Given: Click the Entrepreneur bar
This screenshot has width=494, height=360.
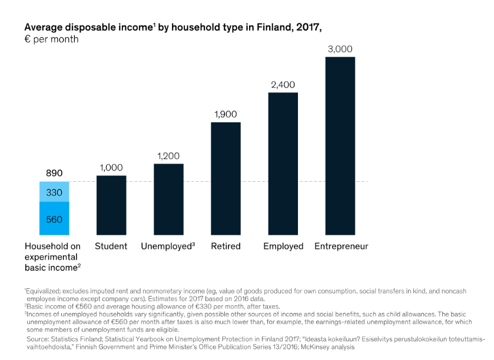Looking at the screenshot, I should (340, 146).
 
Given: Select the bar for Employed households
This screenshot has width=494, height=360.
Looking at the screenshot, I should (283, 164).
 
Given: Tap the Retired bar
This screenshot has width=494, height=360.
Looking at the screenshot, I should (226, 178).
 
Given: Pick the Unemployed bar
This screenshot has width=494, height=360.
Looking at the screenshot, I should (168, 199).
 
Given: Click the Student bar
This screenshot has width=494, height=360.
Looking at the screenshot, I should (111, 205).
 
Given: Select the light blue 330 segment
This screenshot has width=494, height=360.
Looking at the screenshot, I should (54, 192).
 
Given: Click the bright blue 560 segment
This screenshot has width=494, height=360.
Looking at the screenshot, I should (54, 218).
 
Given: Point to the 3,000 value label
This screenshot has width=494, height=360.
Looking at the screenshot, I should (340, 49).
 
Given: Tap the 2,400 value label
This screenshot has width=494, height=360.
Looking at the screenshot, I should (283, 85).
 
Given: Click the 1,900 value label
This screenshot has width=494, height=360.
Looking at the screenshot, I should (226, 115).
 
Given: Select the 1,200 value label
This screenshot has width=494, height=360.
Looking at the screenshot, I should (168, 156).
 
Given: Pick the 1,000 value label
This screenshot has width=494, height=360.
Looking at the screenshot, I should (111, 168).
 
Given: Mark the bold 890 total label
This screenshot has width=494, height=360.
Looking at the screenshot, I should (54, 174).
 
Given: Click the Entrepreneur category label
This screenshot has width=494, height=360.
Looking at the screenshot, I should (342, 246).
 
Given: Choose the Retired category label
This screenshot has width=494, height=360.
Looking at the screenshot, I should (226, 246).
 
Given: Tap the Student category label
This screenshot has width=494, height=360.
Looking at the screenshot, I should (111, 246).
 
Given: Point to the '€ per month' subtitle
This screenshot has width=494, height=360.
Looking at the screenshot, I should (51, 39).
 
